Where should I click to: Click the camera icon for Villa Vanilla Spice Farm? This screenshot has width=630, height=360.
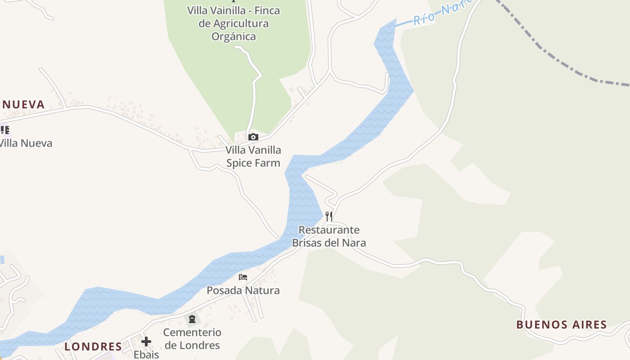pyautogui.click(x=253, y=137)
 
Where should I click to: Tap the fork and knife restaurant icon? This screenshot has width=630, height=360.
pyautogui.click(x=329, y=216)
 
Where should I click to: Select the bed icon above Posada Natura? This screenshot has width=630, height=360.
pyautogui.click(x=243, y=277)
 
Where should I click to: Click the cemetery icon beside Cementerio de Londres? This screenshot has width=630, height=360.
pyautogui.click(x=192, y=319)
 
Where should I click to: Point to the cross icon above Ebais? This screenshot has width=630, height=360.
pyautogui.click(x=146, y=342)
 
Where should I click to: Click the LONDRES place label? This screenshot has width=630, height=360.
pyautogui.click(x=93, y=346)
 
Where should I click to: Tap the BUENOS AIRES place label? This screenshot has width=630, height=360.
pyautogui.click(x=561, y=324)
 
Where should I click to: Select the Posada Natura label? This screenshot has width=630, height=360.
pyautogui.click(x=243, y=290)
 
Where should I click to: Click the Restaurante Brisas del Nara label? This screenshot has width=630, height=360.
pyautogui.click(x=329, y=236)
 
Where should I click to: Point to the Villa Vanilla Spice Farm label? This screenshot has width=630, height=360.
pyautogui.click(x=253, y=156)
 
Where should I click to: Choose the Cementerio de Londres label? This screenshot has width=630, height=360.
pyautogui.click(x=192, y=338)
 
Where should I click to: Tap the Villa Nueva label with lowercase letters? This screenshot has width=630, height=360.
pyautogui.click(x=26, y=143)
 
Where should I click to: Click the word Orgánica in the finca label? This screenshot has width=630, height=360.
pyautogui.click(x=234, y=36)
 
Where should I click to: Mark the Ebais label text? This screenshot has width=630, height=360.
pyautogui.click(x=146, y=355)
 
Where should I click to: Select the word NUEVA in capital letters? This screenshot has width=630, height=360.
pyautogui.click(x=23, y=104)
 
